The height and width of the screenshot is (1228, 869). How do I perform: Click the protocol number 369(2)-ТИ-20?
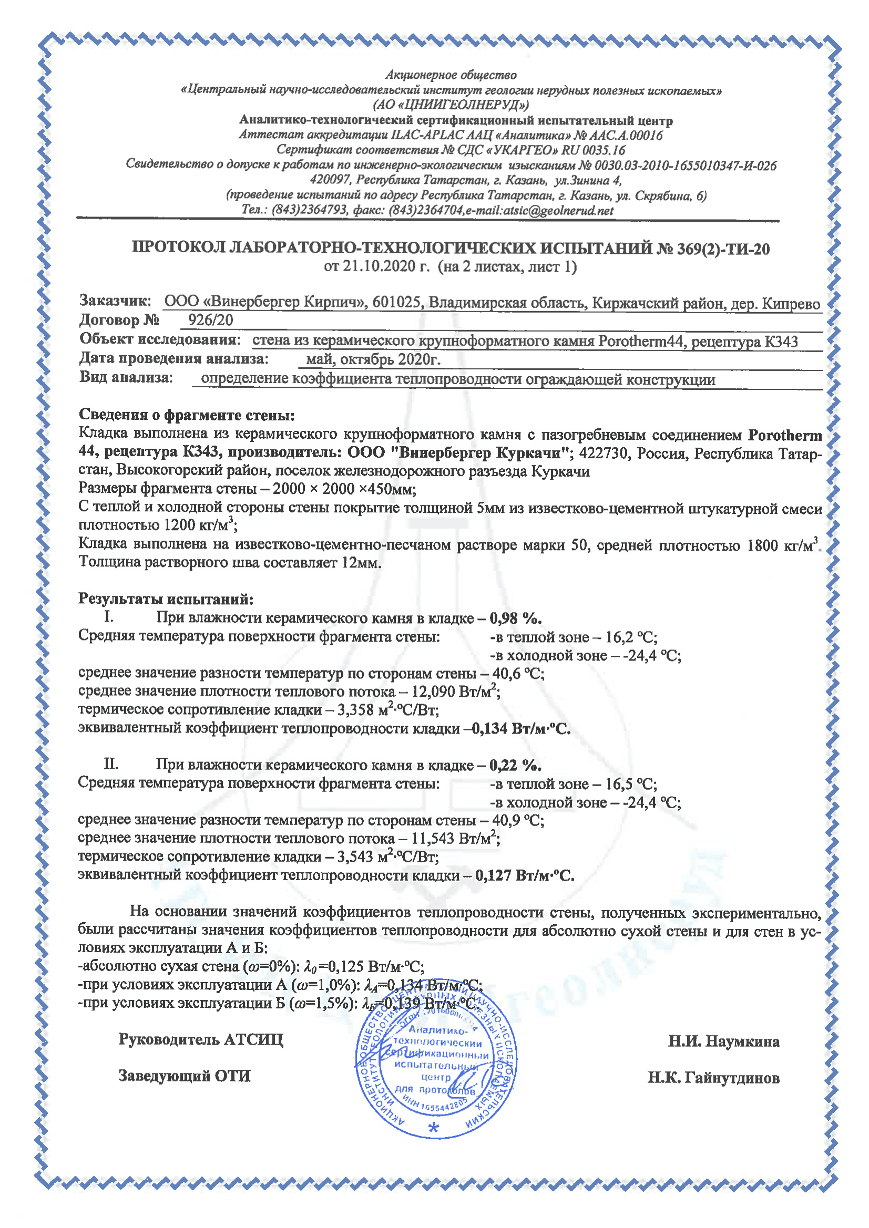coord(723,249)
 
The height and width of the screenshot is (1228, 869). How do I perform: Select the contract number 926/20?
coord(210,321)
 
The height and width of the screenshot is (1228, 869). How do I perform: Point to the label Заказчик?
coord(115,301)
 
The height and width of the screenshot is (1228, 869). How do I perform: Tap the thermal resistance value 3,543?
coord(355,856)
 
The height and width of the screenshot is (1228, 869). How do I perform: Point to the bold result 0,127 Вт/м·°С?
coord(525,875)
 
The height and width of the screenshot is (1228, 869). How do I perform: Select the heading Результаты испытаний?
coord(166,598)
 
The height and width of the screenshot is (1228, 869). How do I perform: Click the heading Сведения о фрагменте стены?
coord(187,415)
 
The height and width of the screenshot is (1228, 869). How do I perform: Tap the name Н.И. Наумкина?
coord(723,1041)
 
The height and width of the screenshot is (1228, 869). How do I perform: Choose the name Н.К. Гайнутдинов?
coord(713,1078)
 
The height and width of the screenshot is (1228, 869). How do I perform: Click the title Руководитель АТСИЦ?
coord(201,1039)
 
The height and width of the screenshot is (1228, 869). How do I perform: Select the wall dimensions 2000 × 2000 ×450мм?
coord(344,489)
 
